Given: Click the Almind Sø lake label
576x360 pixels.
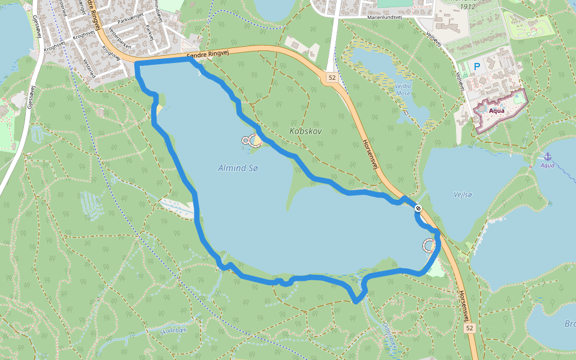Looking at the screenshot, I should point(238,169).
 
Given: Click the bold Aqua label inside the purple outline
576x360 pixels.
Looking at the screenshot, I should point(496,110).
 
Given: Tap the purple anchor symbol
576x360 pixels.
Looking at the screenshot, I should point(547,156).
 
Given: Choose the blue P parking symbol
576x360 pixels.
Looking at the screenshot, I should point(478,67).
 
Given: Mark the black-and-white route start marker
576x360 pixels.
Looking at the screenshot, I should point(418,208).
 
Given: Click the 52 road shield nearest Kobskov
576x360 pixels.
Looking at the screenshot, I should point(332,78).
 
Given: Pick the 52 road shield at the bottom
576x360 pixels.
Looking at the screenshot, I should point(469,328).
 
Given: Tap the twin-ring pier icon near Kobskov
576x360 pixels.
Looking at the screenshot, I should point(251,140).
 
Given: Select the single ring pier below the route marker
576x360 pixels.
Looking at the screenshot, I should point(429,245).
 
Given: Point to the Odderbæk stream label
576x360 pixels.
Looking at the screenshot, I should point(389,337).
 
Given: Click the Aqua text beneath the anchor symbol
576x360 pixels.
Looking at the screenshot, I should point(547,165).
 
